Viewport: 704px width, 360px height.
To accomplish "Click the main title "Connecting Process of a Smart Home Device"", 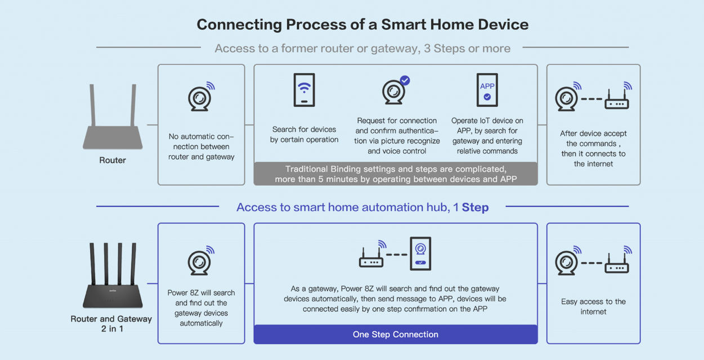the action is (362, 25).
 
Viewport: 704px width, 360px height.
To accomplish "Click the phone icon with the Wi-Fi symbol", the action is (304, 90).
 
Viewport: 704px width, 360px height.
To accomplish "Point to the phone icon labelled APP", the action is (487, 90).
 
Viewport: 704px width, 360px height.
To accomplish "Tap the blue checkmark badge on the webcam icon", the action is (405, 80).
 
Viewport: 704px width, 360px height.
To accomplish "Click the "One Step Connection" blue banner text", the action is (396, 334).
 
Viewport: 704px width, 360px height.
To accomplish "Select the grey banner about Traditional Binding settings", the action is (396, 174).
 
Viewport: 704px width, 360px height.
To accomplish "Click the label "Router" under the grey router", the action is (113, 160).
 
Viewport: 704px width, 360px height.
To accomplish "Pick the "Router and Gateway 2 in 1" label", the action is (111, 323).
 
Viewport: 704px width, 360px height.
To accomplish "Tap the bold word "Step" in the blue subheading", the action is (475, 208).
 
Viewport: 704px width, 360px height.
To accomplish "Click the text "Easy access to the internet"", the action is (593, 307).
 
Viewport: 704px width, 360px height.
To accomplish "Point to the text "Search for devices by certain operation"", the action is (304, 134).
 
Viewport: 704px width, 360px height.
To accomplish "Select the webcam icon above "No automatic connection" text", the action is (201, 97).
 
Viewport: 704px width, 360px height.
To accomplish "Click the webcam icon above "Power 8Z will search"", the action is (201, 261).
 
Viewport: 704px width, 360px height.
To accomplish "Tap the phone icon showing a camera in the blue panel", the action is (420, 254).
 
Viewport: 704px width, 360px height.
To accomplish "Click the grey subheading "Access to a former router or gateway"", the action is (317, 48).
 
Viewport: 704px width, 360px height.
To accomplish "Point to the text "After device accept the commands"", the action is (593, 138).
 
